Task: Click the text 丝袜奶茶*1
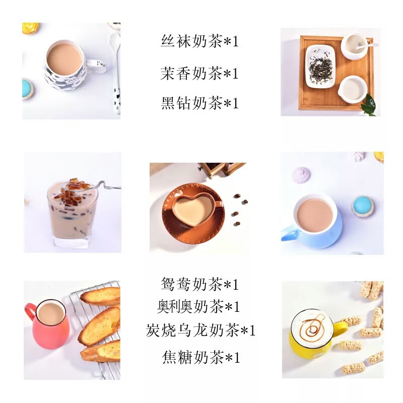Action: [x=199, y=41]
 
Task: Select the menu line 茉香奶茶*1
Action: [x=199, y=73]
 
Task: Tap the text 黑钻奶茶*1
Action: [x=199, y=103]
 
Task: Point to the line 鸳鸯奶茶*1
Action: [x=199, y=284]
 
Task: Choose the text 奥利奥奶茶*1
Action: [x=198, y=306]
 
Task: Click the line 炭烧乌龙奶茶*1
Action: [x=200, y=330]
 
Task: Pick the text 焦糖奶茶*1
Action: [x=201, y=357]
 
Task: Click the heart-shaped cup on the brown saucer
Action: [x=196, y=209]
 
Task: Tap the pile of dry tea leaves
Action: [x=320, y=68]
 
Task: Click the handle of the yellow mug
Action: [x=341, y=328]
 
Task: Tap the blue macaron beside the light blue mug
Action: [x=363, y=206]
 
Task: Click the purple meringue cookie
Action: [x=301, y=175]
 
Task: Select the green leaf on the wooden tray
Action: [x=369, y=105]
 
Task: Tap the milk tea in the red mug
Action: [x=51, y=313]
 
